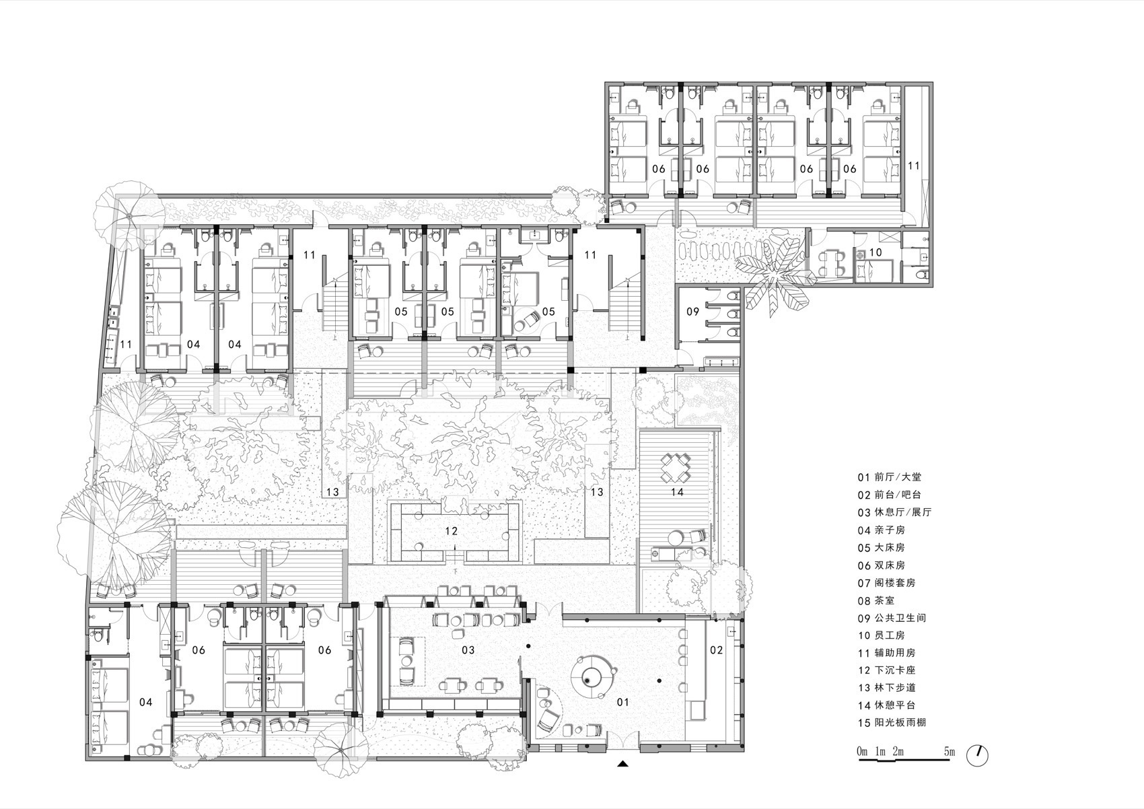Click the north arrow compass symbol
coord(977,755)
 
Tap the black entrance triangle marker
coord(624,763)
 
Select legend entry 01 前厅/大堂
coord(889,477)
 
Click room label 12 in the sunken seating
coord(452,531)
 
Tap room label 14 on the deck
coord(677,492)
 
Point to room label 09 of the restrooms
coord(692,312)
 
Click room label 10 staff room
coord(875,252)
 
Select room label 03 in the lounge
coord(468,649)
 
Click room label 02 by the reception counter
coord(716,649)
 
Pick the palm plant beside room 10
coord(774,273)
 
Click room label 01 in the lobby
coord(623,702)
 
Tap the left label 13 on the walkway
coord(332,492)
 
